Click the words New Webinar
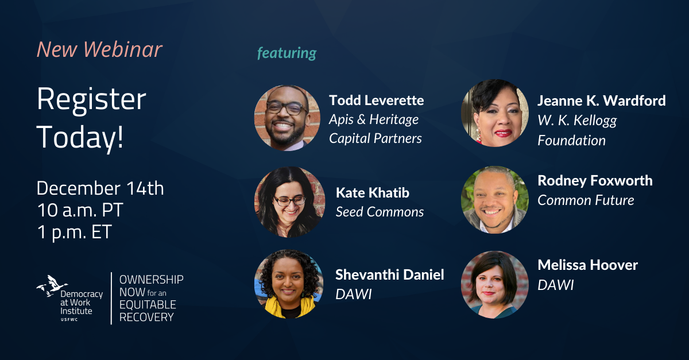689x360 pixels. (x=99, y=51)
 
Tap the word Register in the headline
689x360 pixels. (x=91, y=100)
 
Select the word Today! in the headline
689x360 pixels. (x=80, y=137)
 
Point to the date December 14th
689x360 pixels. (x=100, y=188)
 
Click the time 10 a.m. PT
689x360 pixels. (x=80, y=210)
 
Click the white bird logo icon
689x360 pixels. (x=51, y=285)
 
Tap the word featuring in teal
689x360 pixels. (x=287, y=53)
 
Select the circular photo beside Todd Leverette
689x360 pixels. (x=287, y=118)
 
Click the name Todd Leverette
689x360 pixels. (x=376, y=100)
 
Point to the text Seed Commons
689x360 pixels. (x=380, y=212)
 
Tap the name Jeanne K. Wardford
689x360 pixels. (x=601, y=101)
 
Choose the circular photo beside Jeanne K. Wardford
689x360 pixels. (x=494, y=113)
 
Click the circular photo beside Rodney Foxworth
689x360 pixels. (x=494, y=200)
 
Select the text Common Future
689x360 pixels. (x=586, y=200)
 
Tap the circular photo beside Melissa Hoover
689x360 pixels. (x=494, y=285)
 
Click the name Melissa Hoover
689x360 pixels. (x=587, y=265)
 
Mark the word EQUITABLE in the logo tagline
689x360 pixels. (x=148, y=304)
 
